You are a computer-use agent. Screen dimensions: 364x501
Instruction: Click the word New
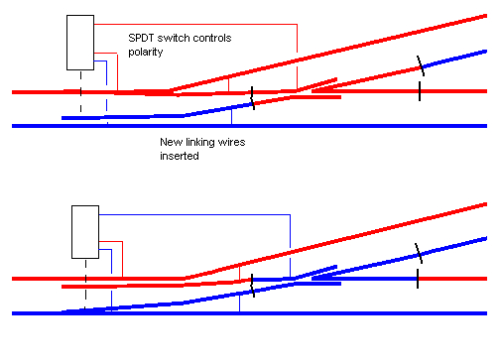coord(172,143)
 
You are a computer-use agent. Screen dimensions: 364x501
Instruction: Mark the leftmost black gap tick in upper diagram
coord(252,98)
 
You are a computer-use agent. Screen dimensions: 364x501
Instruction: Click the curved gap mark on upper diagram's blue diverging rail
coord(422,66)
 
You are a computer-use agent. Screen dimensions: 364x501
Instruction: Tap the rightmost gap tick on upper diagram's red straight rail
coord(420,92)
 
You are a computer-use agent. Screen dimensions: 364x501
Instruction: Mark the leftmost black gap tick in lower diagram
coord(253,286)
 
